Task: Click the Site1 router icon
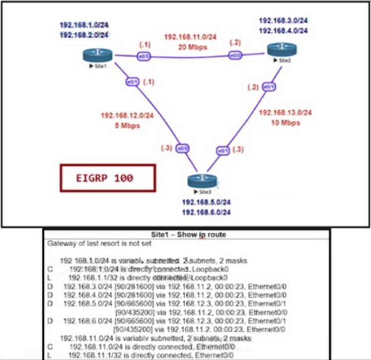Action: coord(98,55)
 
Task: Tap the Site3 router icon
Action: coord(200,181)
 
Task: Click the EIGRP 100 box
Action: coord(108,178)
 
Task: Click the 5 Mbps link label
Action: coord(124,125)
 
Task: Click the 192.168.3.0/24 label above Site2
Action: coord(283,21)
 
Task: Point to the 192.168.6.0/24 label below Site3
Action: coord(205,213)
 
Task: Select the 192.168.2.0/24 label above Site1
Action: coord(84,35)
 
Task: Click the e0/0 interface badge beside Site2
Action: coord(235,56)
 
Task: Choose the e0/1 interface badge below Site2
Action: coord(269,87)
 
